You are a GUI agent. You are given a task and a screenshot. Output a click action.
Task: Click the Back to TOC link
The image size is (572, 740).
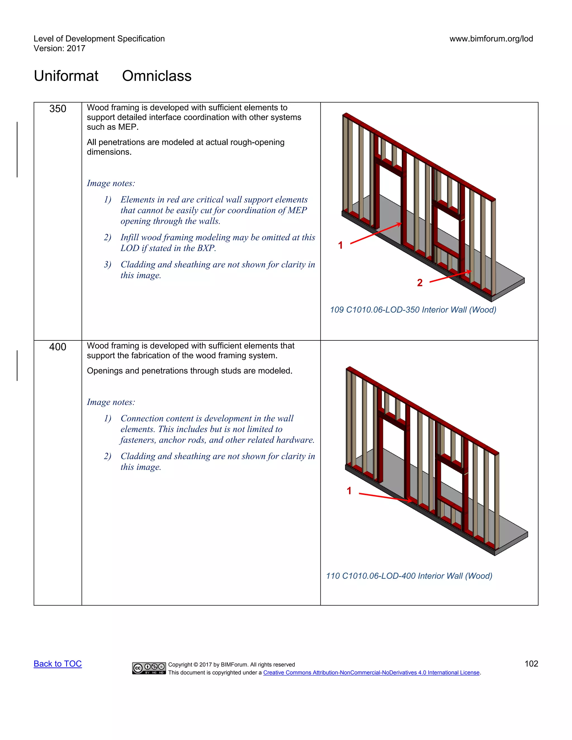pos(58,664)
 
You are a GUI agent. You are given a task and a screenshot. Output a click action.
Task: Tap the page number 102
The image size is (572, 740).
pos(531,664)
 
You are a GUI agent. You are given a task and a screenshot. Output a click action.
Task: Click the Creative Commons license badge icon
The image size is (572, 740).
pos(149,668)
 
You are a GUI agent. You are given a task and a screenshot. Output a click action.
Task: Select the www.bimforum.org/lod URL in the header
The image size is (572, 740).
pos(491,39)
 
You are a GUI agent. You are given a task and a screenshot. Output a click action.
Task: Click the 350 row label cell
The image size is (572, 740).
pos(58,109)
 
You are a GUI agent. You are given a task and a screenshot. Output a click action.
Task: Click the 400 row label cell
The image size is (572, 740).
pos(58,347)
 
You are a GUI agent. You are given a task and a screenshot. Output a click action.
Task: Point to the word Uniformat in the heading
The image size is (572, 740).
pos(66,76)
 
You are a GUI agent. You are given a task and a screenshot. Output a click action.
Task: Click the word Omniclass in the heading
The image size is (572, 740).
pos(157,76)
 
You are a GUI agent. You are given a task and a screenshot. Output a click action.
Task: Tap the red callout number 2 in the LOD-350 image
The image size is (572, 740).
pos(420,283)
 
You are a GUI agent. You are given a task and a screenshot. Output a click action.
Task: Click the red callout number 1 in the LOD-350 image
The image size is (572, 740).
pos(340,245)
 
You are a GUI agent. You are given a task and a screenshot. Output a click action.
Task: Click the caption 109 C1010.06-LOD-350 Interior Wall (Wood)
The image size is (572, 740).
pos(413,310)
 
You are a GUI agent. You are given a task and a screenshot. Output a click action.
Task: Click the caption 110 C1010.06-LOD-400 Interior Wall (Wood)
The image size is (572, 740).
pos(409,576)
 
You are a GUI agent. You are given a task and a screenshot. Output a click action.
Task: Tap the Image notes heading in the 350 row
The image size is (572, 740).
pos(111,183)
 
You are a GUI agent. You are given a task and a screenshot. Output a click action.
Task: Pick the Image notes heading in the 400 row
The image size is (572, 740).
pos(111,402)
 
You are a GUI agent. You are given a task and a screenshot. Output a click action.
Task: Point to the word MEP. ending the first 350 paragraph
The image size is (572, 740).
pos(128,127)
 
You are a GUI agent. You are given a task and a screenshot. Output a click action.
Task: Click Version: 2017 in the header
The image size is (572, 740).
pos(59,49)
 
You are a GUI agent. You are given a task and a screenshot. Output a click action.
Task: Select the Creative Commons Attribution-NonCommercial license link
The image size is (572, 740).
pos(371,673)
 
